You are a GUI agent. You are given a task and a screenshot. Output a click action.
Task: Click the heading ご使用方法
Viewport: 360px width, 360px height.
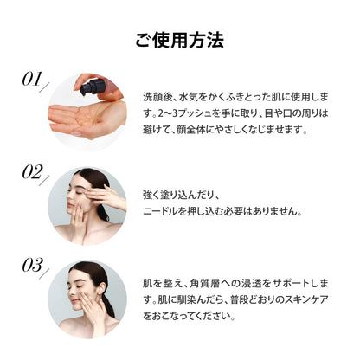[x=180, y=40]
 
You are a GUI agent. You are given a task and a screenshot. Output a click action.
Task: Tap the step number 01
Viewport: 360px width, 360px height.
[x=35, y=80]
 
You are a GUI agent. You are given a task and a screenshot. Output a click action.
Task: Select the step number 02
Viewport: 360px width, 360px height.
[x=35, y=172]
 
